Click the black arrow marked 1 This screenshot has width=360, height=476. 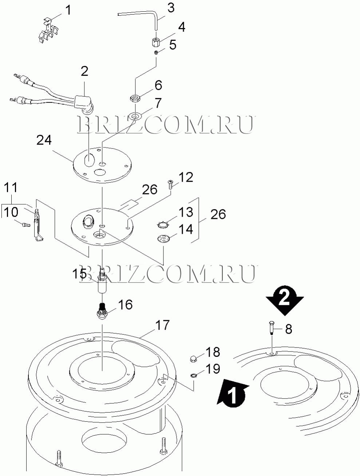click(x=232, y=392)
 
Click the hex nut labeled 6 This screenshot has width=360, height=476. click(x=135, y=98)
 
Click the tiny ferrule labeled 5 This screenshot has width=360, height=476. click(x=156, y=52)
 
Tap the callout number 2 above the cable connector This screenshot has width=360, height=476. click(x=84, y=71)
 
